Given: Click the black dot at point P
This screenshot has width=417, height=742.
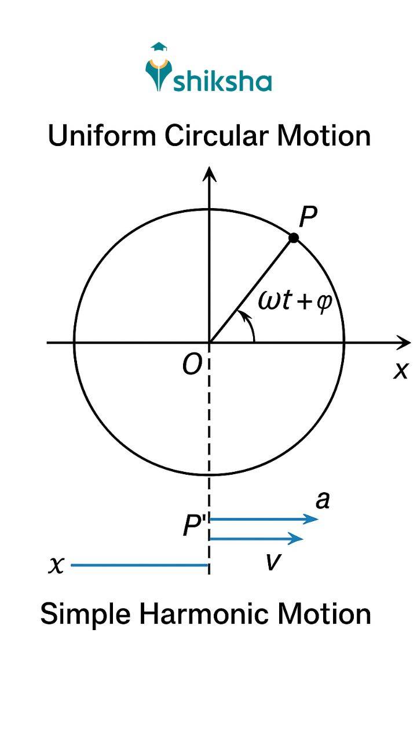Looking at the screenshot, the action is (294, 238).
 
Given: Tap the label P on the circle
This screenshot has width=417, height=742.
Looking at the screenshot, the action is (309, 217).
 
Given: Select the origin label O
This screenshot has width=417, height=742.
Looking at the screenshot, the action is (192, 365).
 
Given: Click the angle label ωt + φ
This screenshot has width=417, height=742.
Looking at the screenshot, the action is (295, 302).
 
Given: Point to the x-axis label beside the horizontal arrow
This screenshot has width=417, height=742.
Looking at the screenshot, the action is (400, 370).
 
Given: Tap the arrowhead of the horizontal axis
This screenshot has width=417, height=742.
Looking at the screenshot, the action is (403, 342).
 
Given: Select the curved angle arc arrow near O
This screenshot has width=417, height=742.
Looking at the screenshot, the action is (249, 325).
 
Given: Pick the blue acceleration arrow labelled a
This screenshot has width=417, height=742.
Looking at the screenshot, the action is (264, 519).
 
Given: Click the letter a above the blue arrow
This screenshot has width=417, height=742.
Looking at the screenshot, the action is (323, 500).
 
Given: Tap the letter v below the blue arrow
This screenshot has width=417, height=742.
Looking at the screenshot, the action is (272, 561).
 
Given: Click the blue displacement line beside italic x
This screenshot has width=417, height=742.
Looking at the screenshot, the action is (139, 565).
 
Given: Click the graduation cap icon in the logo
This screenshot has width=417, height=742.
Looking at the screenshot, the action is (158, 48).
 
